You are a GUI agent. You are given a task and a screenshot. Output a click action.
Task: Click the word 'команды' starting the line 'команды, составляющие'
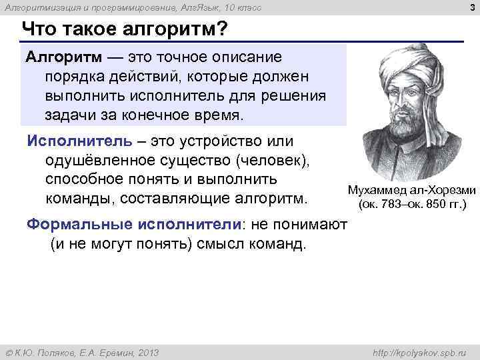click(x=75, y=199)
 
